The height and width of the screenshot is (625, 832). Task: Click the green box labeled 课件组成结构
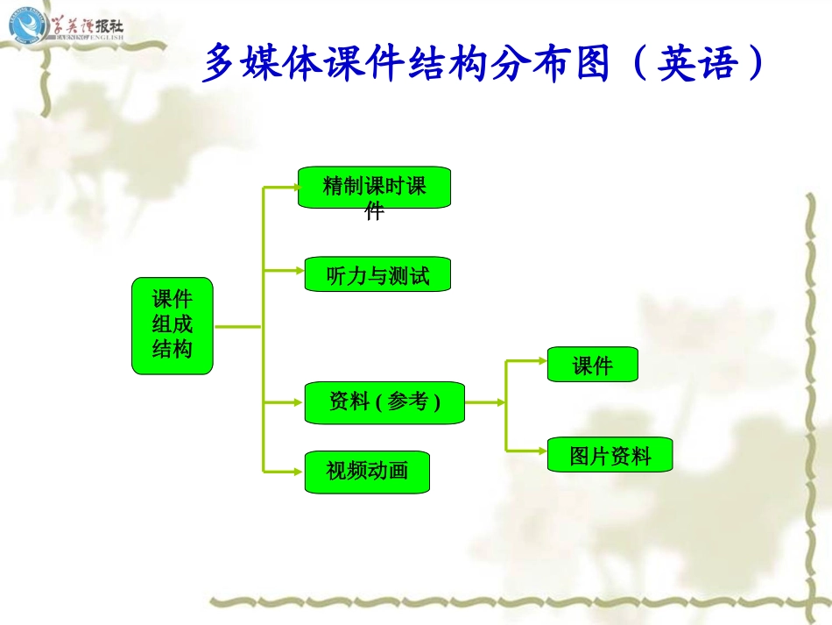coord(172,326)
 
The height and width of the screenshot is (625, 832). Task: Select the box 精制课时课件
coord(374,188)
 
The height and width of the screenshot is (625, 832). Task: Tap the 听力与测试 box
coord(377,274)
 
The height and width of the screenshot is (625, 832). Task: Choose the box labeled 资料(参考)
coord(384,402)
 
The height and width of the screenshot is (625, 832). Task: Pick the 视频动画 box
coord(367,472)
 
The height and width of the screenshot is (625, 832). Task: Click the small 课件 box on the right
coord(592,365)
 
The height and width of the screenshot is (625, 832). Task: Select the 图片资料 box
coord(610,455)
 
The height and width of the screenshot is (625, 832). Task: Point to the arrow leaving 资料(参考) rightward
coord(485,402)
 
